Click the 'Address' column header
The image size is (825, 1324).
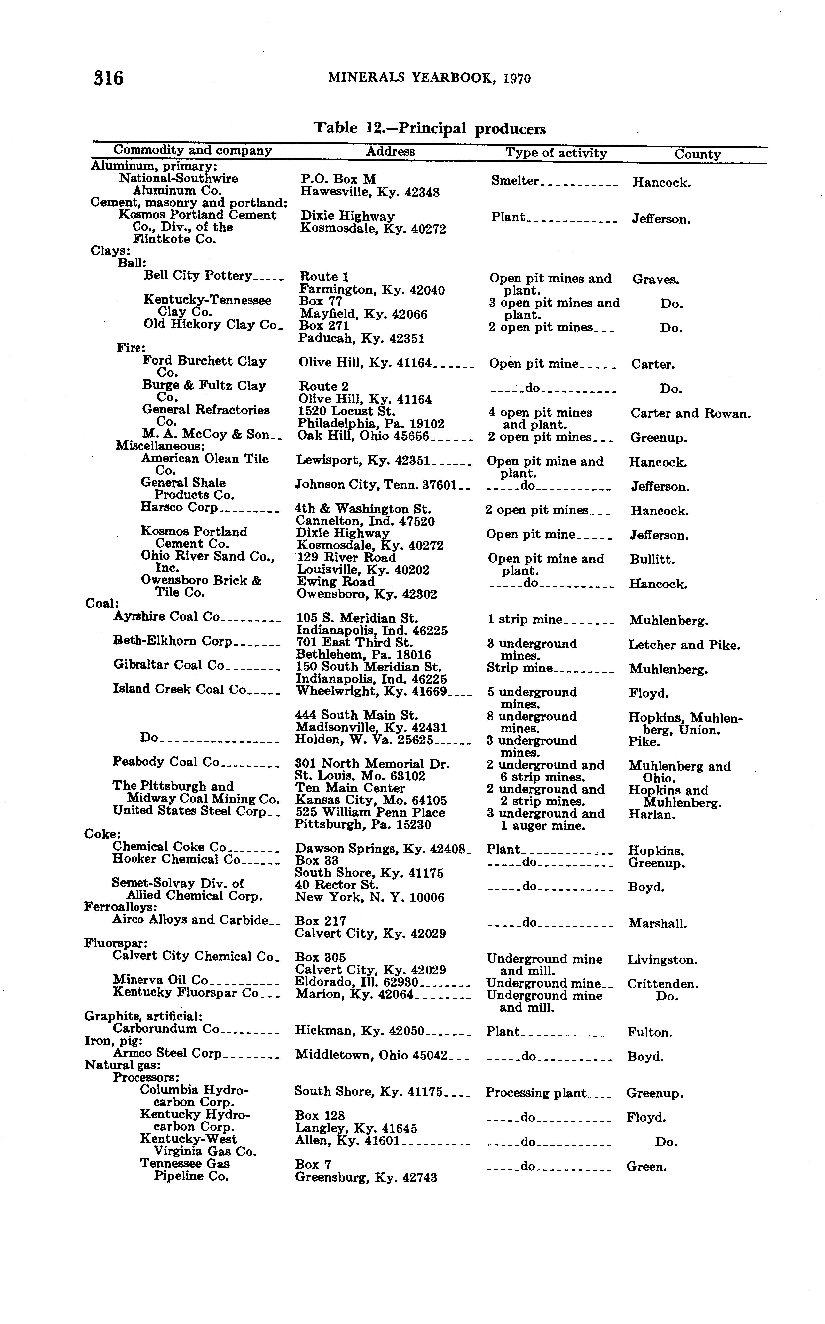pyautogui.click(x=390, y=152)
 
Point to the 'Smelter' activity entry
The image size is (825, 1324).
pyautogui.click(x=515, y=181)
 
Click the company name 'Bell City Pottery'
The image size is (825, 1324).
pyautogui.click(x=197, y=275)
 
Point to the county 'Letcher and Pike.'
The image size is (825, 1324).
pyautogui.click(x=684, y=645)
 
